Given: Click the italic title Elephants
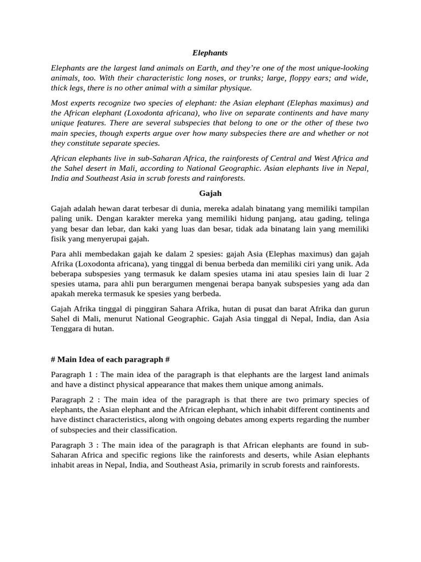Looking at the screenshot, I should click(x=210, y=53).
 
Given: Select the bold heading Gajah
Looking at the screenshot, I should click(x=210, y=193).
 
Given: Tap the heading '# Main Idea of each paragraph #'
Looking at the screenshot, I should click(x=110, y=359).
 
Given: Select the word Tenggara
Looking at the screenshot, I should click(x=68, y=329).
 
